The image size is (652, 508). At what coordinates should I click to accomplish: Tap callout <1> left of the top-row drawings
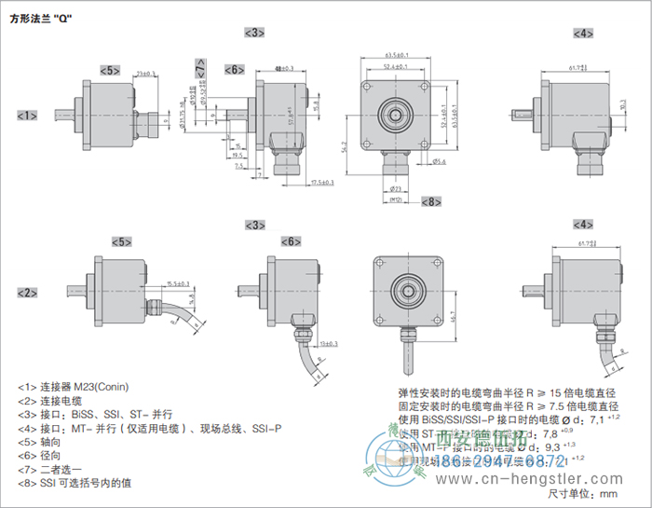[27, 116]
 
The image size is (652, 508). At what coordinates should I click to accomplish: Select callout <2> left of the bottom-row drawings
[27, 293]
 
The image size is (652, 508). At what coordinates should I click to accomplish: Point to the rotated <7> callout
[202, 67]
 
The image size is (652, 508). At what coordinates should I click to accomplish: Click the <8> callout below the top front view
[431, 201]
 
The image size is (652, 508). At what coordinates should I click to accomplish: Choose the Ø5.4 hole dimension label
[441, 161]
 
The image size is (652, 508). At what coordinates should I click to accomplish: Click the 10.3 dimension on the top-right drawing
[621, 106]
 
